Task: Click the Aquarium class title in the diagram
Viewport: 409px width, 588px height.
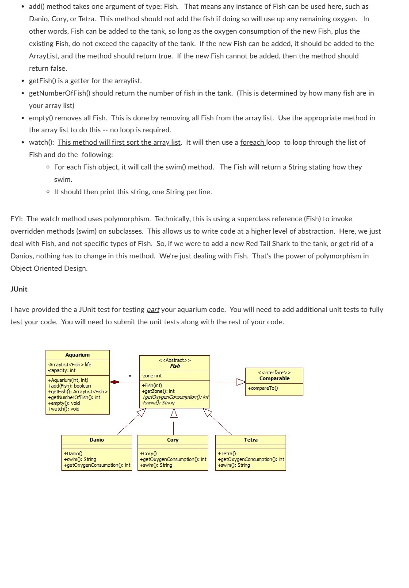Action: click(77, 355)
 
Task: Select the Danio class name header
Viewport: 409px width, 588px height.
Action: click(96, 440)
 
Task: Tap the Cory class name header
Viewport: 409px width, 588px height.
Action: click(172, 440)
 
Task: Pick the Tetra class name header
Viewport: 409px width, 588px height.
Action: click(251, 440)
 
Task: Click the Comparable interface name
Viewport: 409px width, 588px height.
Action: click(274, 378)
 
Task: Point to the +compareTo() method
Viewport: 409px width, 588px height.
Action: click(263, 388)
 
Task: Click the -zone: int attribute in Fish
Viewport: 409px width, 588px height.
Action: click(152, 376)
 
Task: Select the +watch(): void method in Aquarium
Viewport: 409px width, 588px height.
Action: click(64, 409)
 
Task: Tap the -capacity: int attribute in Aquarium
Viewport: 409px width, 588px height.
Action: click(61, 370)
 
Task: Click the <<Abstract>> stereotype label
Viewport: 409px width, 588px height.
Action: click(175, 360)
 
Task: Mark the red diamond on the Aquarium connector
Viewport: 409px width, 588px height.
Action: click(115, 382)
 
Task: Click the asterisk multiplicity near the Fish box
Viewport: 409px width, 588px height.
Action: click(130, 377)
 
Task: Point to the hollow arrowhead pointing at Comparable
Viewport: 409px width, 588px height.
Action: click(241, 382)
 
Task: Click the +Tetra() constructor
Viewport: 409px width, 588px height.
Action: click(227, 453)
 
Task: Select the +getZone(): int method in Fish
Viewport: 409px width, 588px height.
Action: click(158, 391)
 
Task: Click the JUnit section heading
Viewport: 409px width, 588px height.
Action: click(19, 289)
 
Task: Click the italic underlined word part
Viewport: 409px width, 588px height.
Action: click(153, 310)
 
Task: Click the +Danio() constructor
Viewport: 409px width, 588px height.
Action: click(73, 453)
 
